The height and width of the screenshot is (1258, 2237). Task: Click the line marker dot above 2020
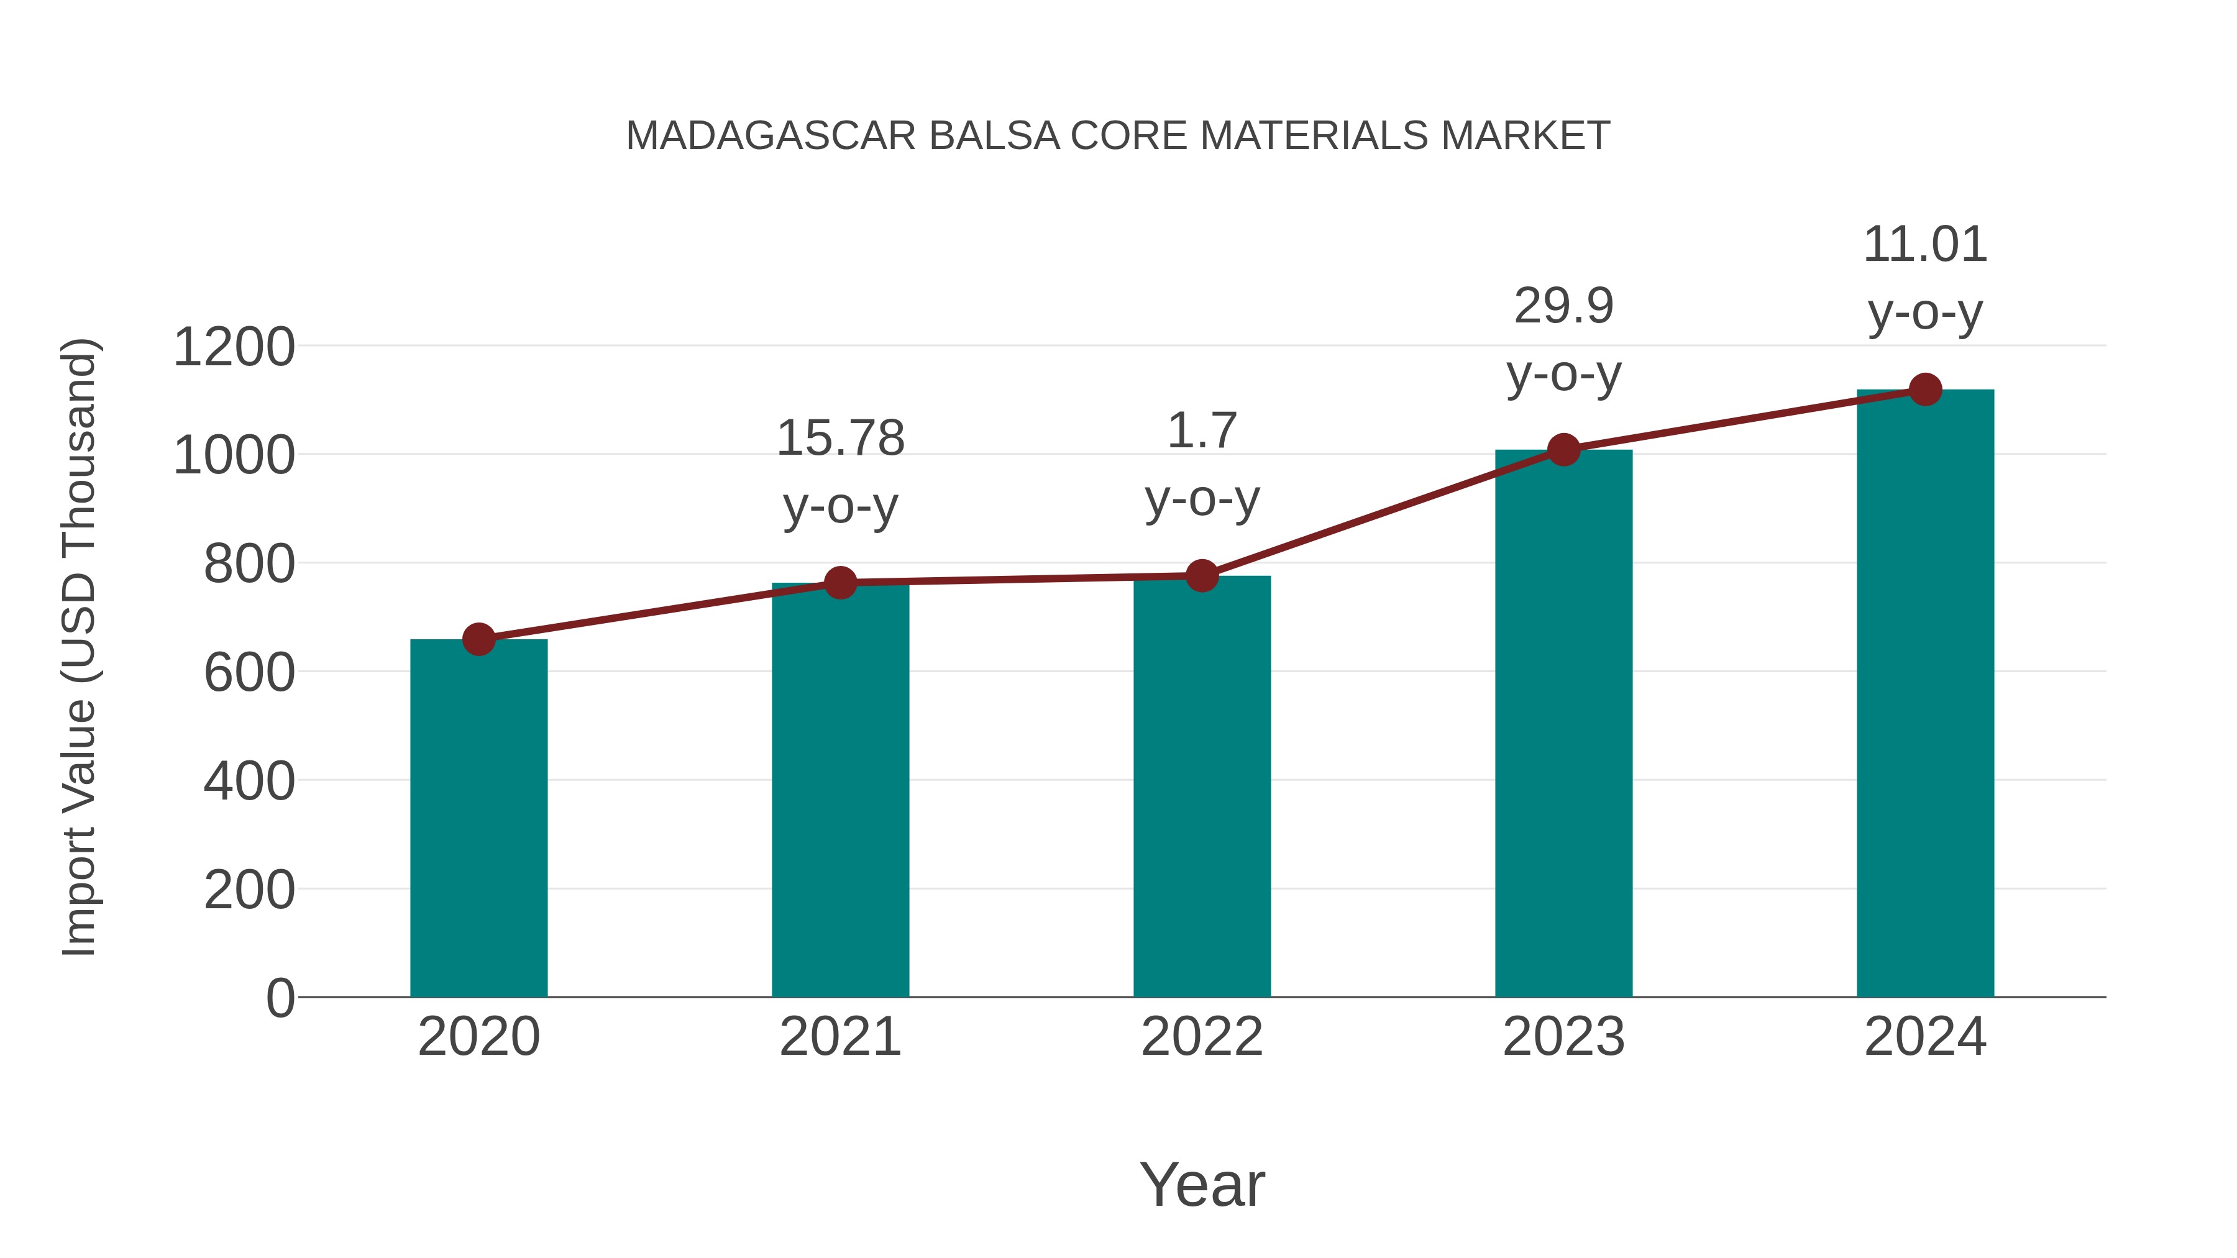click(x=478, y=640)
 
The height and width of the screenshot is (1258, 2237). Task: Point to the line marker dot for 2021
click(x=839, y=583)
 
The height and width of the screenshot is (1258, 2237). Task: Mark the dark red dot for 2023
click(x=1563, y=450)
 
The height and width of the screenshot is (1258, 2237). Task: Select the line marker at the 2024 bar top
click(x=1925, y=390)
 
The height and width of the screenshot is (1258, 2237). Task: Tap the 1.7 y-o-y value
click(x=1202, y=431)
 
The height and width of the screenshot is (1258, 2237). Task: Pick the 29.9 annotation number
click(x=1563, y=306)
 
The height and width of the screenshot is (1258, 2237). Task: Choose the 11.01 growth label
click(x=1925, y=244)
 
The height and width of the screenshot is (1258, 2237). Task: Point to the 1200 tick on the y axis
click(x=234, y=347)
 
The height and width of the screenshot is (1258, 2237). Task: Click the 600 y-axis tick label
click(x=249, y=673)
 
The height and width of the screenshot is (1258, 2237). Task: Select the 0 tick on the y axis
click(x=280, y=998)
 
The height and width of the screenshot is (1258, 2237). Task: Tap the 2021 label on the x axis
click(x=839, y=1037)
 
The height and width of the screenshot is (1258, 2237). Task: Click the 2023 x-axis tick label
click(x=1563, y=1037)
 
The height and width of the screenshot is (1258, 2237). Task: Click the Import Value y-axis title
click(x=80, y=647)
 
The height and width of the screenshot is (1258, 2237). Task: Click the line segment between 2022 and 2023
click(x=1383, y=513)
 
